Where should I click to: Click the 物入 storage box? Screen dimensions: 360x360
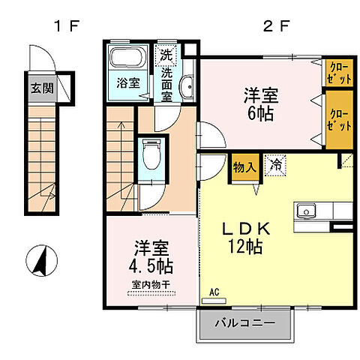(244, 165)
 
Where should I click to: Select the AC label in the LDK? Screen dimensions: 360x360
(214, 292)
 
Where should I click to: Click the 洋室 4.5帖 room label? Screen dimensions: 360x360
(151, 256)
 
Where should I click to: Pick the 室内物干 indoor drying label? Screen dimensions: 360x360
(151, 284)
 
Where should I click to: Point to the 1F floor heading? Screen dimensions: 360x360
(65, 28)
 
